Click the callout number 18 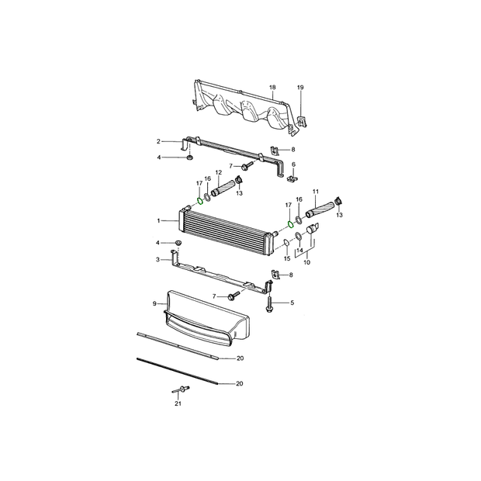click(272, 88)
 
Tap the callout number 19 click(300, 88)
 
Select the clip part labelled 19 click(302, 121)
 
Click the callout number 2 click(158, 141)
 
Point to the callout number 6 click(293, 164)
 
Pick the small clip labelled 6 click(293, 178)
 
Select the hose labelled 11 click(320, 209)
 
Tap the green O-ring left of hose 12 click(199, 201)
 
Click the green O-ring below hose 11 click(290, 224)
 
